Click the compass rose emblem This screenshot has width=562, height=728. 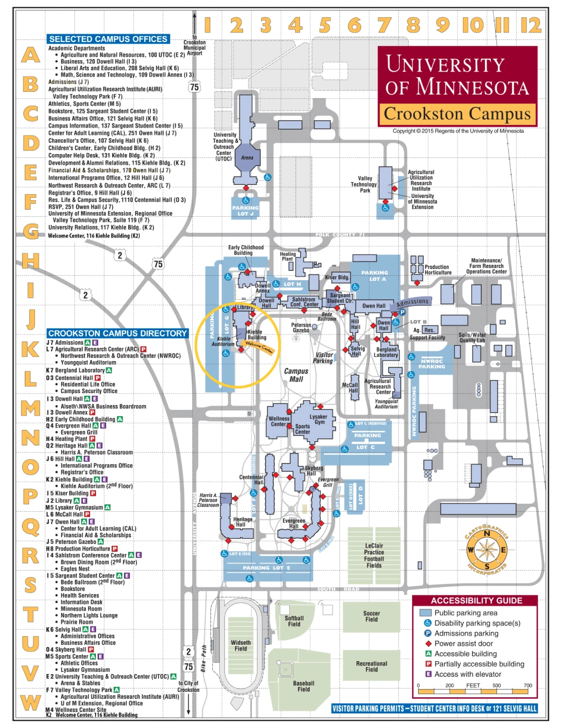[x=487, y=550]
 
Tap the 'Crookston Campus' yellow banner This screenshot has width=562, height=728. [x=457, y=114]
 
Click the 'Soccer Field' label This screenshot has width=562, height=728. [x=371, y=616]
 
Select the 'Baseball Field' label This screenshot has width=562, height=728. [x=303, y=686]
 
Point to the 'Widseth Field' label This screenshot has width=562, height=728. [x=241, y=645]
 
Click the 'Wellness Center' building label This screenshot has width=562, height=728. [x=279, y=421]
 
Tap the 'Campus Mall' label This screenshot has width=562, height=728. [x=296, y=375]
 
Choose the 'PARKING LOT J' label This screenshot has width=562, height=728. [x=246, y=210]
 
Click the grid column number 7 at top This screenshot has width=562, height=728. [x=384, y=25]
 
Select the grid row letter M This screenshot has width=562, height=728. [x=30, y=408]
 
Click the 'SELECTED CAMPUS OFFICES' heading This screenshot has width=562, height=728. [x=108, y=39]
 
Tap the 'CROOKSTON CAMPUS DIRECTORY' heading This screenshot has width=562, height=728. [x=117, y=333]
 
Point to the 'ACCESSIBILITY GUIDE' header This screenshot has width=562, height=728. [x=476, y=600]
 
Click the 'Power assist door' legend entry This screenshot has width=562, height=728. [x=463, y=643]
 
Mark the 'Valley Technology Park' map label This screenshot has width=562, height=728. [x=364, y=184]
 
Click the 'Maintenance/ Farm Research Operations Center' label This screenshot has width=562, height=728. [x=486, y=266]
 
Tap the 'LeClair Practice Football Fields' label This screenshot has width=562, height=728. [x=374, y=555]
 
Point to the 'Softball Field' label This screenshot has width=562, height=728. [x=294, y=621]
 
